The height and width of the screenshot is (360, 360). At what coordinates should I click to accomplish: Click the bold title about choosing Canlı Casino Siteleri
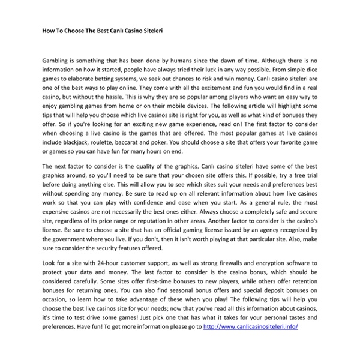[x=103, y=28]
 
